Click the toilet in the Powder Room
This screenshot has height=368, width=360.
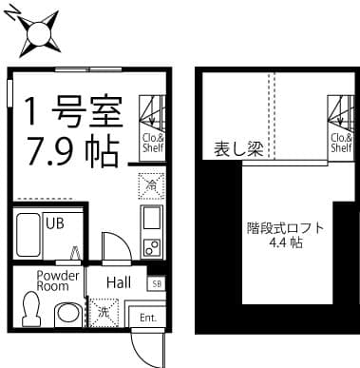(30, 308)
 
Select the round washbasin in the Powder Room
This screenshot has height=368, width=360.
(66, 313)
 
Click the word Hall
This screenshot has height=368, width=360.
(118, 282)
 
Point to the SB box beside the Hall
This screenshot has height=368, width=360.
(155, 283)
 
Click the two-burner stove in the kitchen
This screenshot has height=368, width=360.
(150, 247)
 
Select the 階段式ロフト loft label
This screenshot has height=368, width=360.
(285, 228)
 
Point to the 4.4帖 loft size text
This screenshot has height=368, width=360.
(285, 243)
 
